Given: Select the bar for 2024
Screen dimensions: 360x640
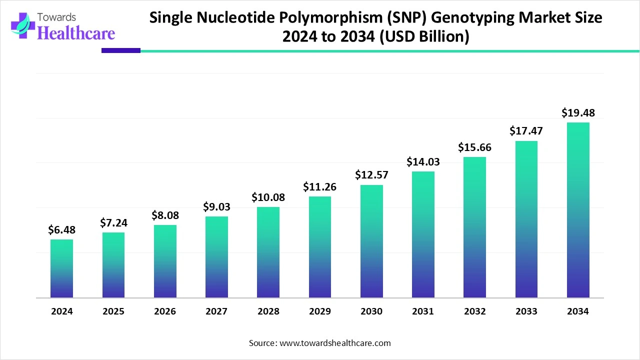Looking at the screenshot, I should [61, 269].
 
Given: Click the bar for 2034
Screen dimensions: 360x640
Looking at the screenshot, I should [578, 210].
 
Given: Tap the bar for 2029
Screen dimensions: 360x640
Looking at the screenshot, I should [320, 247].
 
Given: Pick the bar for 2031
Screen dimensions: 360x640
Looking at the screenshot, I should [423, 235].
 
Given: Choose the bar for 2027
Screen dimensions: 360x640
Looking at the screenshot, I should [216, 257].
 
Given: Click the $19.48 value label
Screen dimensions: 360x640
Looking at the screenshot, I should [578, 113].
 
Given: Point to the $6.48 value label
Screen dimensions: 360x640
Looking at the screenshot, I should [61, 230].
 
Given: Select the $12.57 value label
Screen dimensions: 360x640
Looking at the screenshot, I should [371, 175].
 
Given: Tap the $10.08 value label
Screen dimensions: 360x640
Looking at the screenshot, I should [268, 197].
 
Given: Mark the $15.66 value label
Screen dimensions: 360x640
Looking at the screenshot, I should [474, 147].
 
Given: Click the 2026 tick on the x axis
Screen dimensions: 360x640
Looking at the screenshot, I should [165, 311].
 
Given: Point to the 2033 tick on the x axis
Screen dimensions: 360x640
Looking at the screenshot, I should [526, 311].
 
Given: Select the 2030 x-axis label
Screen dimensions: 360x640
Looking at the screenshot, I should [371, 311].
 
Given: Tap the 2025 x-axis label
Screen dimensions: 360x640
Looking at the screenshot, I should [113, 311].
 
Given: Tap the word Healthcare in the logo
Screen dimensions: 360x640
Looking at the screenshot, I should [76, 33].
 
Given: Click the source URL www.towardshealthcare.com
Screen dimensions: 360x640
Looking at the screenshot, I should [334, 343].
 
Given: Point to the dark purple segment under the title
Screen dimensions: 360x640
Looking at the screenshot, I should [121, 50].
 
